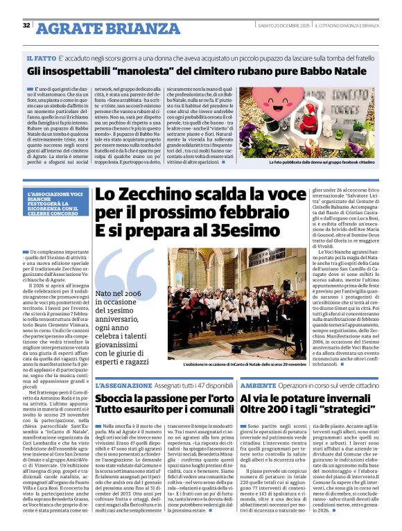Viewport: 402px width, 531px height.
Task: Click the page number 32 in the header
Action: (x=27, y=26)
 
